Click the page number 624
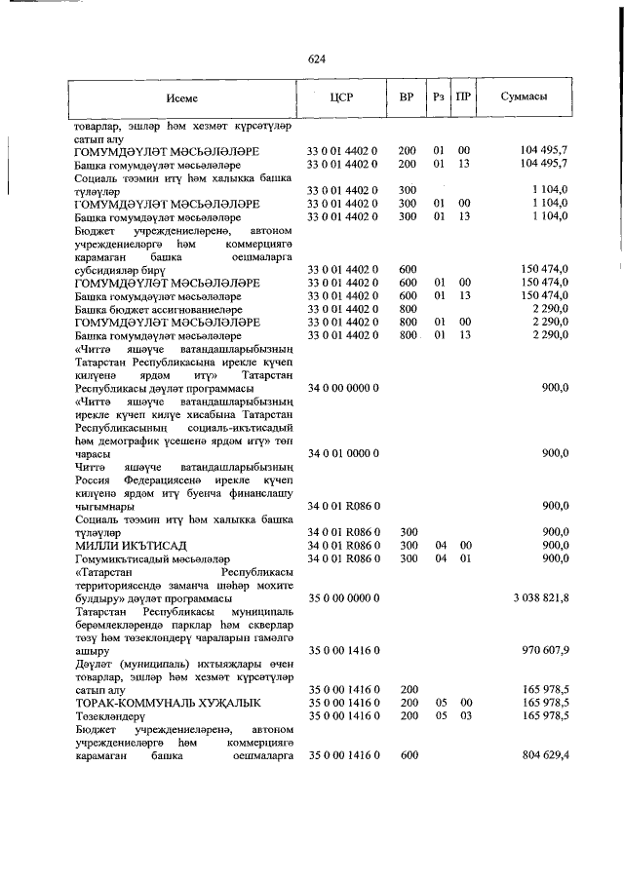click(x=315, y=59)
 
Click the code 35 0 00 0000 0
click(x=342, y=595)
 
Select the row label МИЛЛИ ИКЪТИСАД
click(x=131, y=544)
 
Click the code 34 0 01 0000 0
click(x=342, y=453)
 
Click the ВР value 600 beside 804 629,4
click(x=408, y=754)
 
